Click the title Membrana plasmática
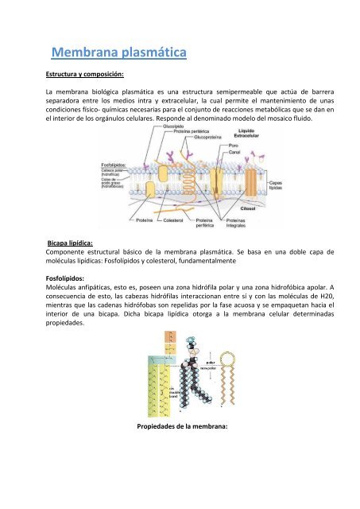(x=117, y=54)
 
